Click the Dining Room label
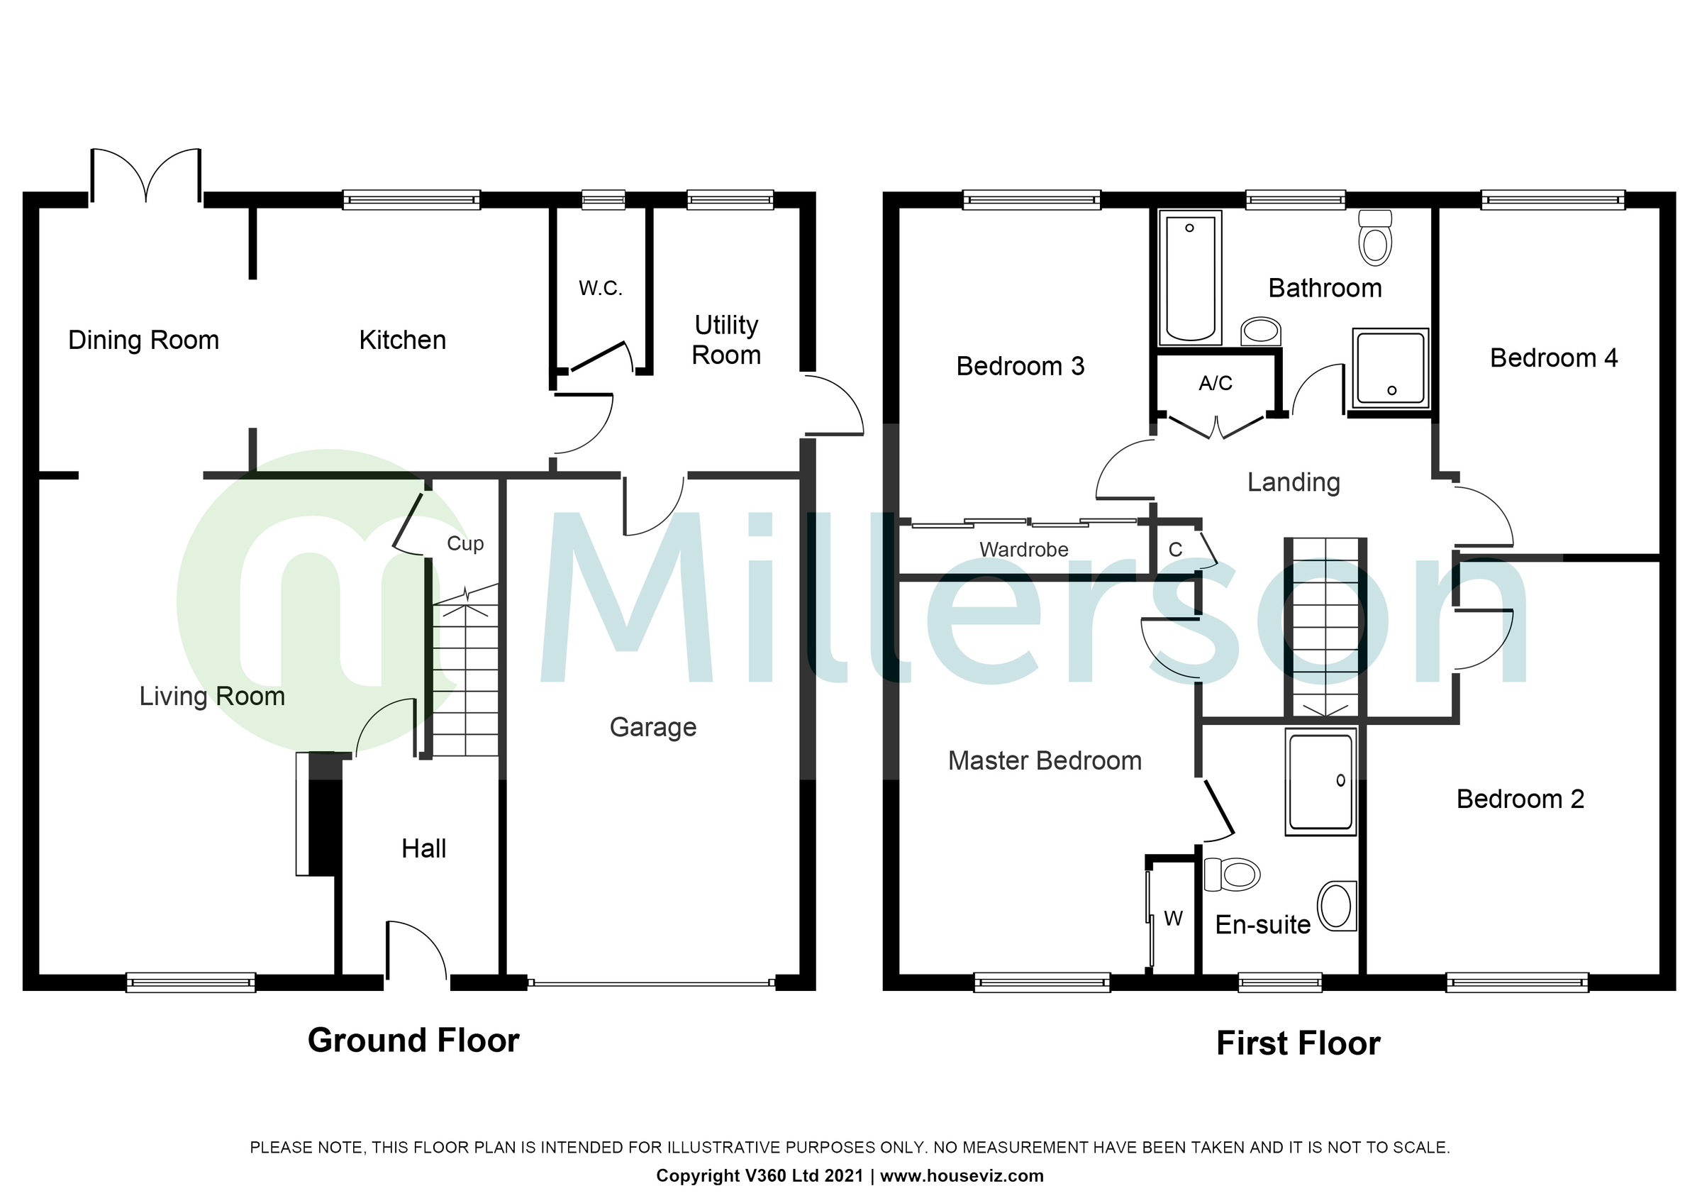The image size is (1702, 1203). tap(143, 340)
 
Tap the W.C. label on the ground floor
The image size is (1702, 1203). tap(601, 288)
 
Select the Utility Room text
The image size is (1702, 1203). tap(725, 340)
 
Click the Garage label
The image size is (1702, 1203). tap(652, 727)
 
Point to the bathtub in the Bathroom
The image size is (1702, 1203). tap(1190, 278)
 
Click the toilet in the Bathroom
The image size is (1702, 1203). tap(1375, 237)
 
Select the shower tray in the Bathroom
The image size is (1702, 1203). tap(1390, 368)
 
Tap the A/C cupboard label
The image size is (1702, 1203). tap(1216, 383)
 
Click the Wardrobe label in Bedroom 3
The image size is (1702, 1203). tap(1024, 550)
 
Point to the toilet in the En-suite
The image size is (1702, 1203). tap(1232, 875)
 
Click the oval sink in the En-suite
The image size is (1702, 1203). tap(1337, 906)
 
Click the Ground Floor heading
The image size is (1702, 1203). tap(413, 1041)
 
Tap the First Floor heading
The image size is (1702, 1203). tap(1298, 1043)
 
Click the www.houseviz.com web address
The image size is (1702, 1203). tap(962, 1175)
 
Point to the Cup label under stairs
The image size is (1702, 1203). tap(465, 543)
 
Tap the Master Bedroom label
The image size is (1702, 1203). tap(1045, 761)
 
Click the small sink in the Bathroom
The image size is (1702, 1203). tap(1260, 331)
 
